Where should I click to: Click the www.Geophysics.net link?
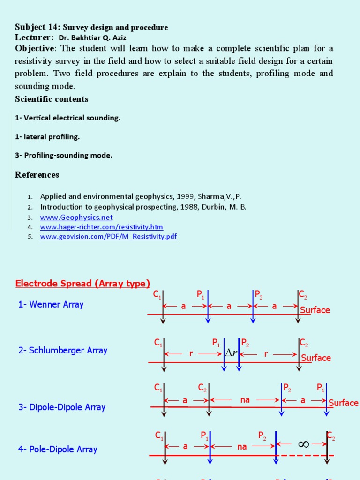pos(76,217)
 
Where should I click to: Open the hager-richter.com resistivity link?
pos(101,227)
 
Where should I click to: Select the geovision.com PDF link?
pos(108,236)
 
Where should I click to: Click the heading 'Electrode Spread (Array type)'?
pos(82,283)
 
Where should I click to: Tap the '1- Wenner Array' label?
pos(51,304)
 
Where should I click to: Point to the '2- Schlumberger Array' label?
pos(63,350)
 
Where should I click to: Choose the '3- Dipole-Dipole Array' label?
pos(62,407)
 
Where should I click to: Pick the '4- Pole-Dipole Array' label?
pos(58,449)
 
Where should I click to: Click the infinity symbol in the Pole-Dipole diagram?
pos(304,443)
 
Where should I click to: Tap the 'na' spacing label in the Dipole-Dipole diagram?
pos(245,400)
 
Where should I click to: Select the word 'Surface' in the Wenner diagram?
pos(315,310)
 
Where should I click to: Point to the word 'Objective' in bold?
pos(35,49)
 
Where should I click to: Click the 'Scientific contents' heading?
pos(52,99)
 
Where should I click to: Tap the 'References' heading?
pos(37,175)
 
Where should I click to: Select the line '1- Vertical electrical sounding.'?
pos(67,118)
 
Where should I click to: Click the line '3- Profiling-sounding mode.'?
pos(64,155)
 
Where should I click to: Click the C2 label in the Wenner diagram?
pos(303,295)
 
